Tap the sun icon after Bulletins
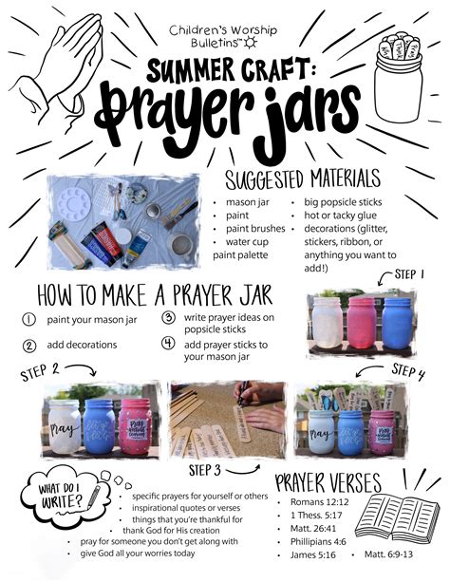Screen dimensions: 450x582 tap(251, 43)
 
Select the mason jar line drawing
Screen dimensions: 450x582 tap(399, 77)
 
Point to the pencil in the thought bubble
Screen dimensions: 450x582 tap(94, 498)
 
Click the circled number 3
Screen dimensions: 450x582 tap(168, 318)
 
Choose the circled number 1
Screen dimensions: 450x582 tap(29, 320)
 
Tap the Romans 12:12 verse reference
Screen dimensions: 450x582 tap(319, 502)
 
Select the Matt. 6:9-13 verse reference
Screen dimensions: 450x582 tap(388, 554)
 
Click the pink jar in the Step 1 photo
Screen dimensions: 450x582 tap(362, 323)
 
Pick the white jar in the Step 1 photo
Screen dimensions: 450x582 tap(328, 323)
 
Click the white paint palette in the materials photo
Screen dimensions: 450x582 tap(74, 204)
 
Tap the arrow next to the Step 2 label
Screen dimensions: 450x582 tap(82, 369)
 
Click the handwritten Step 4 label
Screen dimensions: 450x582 tap(407, 371)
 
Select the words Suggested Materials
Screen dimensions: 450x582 tap(303, 179)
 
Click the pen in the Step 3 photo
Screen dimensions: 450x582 tap(243, 394)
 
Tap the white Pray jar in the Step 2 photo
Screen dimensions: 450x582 tap(65, 426)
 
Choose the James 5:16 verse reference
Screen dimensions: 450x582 tap(313, 554)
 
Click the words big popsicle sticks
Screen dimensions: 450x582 tap(343, 202)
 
